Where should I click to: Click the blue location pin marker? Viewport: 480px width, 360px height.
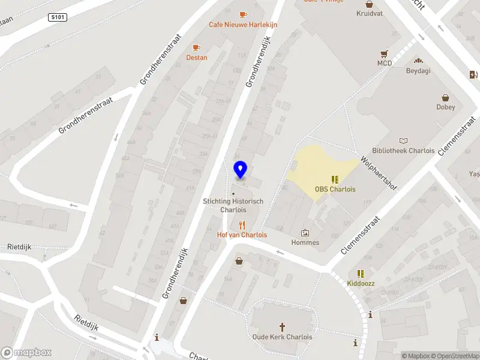[240, 170]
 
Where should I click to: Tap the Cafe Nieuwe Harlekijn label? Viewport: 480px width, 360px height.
[242, 25]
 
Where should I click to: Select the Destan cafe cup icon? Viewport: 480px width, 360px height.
[196, 47]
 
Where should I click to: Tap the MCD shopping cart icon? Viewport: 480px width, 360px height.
[384, 53]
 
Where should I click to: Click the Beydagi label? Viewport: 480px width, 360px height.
[418, 70]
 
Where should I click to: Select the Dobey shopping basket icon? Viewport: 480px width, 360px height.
[446, 97]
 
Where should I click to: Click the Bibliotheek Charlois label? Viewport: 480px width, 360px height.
[403, 151]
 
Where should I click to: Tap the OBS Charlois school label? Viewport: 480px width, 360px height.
[335, 189]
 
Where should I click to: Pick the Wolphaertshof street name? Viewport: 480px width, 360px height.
[379, 173]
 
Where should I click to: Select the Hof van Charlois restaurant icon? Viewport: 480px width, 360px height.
[242, 225]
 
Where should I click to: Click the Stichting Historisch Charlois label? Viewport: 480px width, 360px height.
[233, 205]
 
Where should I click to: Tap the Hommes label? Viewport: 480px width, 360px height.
[305, 242]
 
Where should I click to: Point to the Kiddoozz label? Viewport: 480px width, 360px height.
[361, 283]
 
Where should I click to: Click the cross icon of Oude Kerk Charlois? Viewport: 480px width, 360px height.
[282, 327]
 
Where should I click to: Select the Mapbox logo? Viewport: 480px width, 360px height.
[26, 353]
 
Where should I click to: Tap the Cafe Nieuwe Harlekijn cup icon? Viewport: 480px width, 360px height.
[242, 14]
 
